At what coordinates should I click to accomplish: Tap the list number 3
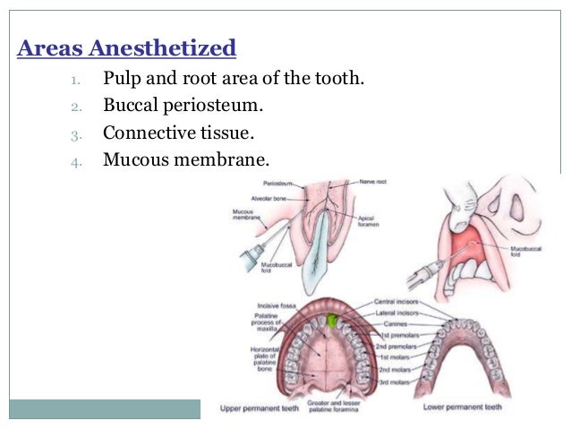[x=76, y=135]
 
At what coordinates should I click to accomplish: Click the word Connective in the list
[x=144, y=134]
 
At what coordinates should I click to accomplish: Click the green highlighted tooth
[x=333, y=320]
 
